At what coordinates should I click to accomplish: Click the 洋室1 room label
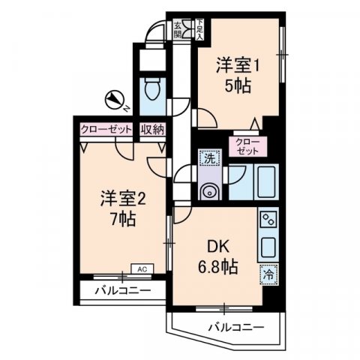pyautogui.click(x=238, y=65)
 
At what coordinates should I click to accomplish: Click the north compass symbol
pyautogui.click(x=115, y=98)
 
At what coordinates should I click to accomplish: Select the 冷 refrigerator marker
pyautogui.click(x=268, y=274)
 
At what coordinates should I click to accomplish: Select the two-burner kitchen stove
pyautogui.click(x=268, y=220)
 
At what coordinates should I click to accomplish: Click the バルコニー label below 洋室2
pyautogui.click(x=123, y=290)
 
